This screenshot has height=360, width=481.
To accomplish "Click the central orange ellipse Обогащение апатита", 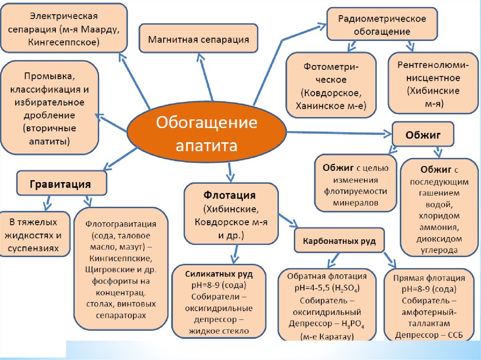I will (207, 134).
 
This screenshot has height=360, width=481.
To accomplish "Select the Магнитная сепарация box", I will (198, 39).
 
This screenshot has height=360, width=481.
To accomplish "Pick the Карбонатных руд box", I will (339, 241).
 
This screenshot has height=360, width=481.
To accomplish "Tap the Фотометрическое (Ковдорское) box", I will (331, 85).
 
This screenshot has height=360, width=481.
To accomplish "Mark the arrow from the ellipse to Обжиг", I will (338, 133).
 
